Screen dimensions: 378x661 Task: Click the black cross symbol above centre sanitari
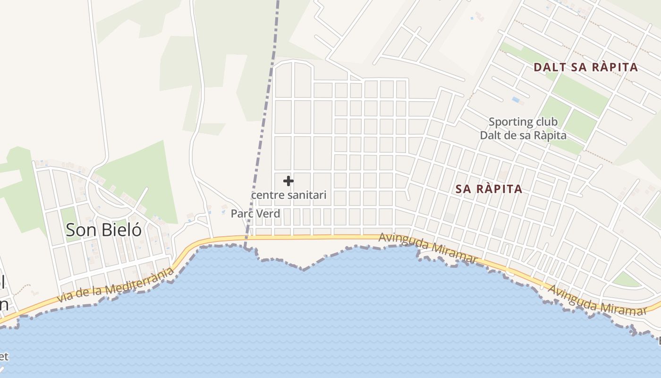[288, 181]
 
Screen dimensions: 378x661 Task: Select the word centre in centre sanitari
[267, 195]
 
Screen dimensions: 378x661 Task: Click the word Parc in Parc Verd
[241, 214]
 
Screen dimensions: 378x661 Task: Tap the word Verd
[268, 214]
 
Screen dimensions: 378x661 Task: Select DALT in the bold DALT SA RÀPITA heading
[550, 67]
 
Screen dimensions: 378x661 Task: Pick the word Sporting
[508, 122]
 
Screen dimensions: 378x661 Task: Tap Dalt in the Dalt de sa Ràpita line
[491, 136]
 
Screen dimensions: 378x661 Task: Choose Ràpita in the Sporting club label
[550, 136]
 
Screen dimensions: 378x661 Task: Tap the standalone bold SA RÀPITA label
[489, 189]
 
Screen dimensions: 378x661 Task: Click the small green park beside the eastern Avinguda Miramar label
[627, 279]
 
